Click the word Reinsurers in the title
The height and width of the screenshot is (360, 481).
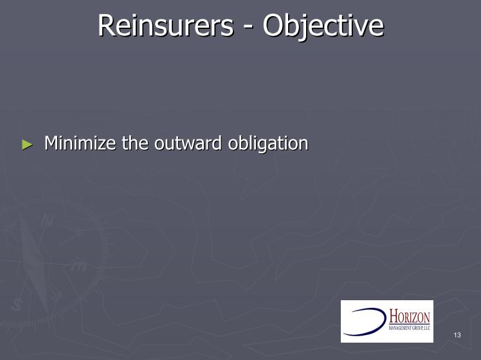coord(166,25)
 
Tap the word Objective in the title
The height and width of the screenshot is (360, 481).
coord(323,26)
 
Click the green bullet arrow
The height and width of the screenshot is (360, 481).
coord(28,145)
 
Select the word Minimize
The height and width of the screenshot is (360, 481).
coord(80,143)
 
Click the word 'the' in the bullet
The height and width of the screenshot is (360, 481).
coord(135,143)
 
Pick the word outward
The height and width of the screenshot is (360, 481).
coord(188,143)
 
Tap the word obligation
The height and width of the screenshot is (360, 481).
coord(268,143)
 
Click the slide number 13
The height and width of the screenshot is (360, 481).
coord(457,335)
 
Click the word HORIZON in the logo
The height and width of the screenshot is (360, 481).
coord(410,317)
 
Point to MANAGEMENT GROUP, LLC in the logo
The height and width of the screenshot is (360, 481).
coord(410,327)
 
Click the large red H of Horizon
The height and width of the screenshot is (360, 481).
coord(394,316)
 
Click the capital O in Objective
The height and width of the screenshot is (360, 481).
coord(273,26)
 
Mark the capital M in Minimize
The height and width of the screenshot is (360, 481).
coord(51,143)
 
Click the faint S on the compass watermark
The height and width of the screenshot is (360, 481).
coord(16,305)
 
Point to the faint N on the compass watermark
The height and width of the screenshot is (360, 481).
coord(47,220)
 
